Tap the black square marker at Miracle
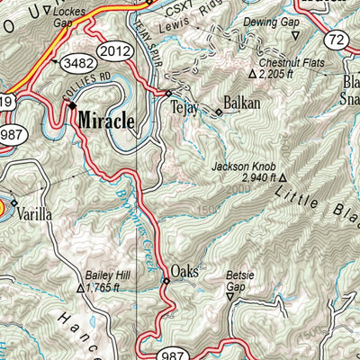(73, 105)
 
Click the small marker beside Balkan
(219, 112)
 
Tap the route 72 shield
(337, 39)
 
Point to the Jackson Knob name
(241, 166)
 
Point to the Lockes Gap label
(71, 17)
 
